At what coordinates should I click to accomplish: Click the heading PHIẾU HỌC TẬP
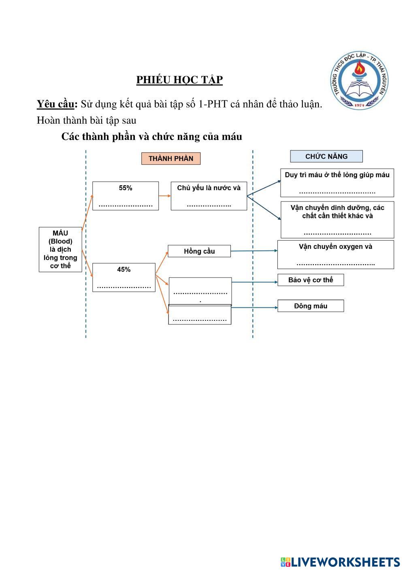point(179,80)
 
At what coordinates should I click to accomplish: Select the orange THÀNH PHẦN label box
point(171,158)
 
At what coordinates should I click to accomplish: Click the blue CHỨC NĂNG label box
point(326,156)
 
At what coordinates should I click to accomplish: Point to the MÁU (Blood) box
point(60,249)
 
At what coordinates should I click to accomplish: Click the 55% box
point(126,196)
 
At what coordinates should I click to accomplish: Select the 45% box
point(124,277)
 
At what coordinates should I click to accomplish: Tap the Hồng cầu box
point(199,251)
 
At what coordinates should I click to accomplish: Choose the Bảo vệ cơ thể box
point(311,280)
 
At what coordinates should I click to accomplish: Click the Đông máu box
point(311,306)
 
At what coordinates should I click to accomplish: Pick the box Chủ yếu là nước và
point(209,196)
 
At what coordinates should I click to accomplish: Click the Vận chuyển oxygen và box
point(335,254)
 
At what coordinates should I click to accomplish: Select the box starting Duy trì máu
point(337,182)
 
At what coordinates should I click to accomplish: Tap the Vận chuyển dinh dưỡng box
point(337,220)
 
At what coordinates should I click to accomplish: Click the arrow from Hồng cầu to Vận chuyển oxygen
point(254,251)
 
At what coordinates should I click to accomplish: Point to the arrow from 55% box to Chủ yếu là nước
point(164,196)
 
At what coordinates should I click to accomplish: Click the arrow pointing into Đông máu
point(254,308)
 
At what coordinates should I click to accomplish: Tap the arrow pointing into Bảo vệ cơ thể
point(254,282)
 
